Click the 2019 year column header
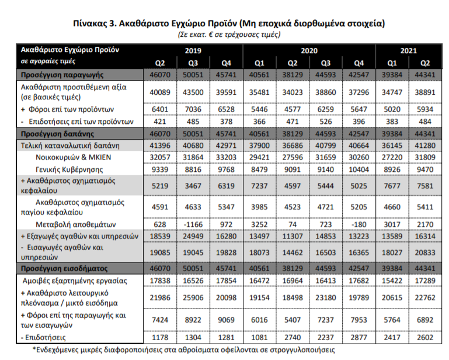click(x=193, y=51)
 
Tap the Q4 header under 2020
click(x=358, y=63)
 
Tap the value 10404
click(x=359, y=169)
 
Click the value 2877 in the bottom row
click(x=359, y=338)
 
